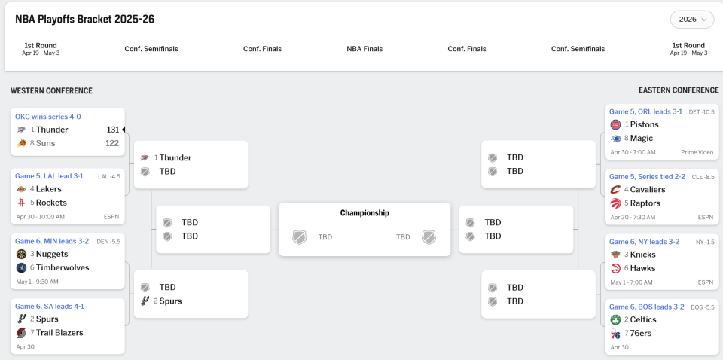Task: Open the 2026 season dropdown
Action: (691, 20)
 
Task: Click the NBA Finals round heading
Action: (365, 49)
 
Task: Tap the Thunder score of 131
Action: (113, 130)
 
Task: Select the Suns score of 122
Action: (112, 143)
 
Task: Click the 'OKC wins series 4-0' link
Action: (48, 117)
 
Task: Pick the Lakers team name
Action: (48, 189)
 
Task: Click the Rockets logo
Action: (21, 203)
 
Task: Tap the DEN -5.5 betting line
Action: (108, 241)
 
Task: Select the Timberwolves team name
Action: (63, 268)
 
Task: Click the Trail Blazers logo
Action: (21, 333)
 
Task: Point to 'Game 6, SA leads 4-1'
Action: (50, 307)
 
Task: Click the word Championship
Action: (365, 213)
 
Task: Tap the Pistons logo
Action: (615, 124)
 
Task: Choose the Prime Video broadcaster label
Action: (697, 152)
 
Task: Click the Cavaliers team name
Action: (648, 190)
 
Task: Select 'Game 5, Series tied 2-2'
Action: (647, 177)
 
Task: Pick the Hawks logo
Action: (615, 268)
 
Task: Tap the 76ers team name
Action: (640, 334)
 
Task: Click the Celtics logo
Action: (615, 319)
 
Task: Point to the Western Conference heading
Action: (52, 91)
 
